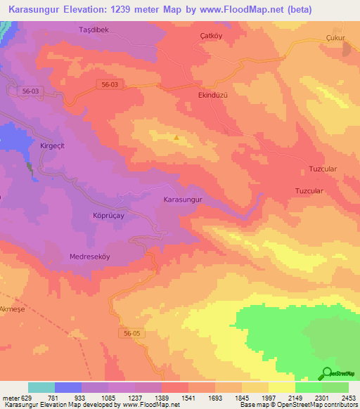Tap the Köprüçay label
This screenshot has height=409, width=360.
(108, 216)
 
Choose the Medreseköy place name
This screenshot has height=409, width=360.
(90, 257)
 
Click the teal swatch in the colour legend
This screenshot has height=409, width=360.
(41, 387)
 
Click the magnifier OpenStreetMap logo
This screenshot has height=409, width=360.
(326, 374)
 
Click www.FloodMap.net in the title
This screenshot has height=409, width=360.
(237, 10)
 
